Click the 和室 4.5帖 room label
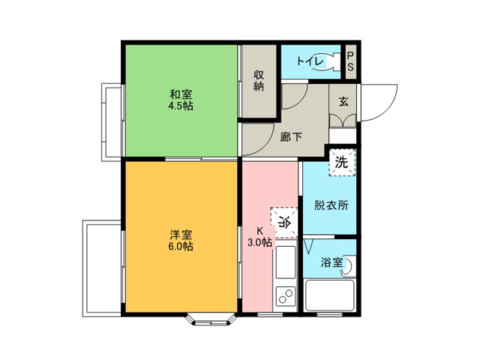[181, 100]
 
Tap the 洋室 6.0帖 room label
[181, 241]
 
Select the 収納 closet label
[259, 81]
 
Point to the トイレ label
[310, 61]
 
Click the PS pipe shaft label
[350, 61]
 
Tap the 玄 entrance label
[343, 101]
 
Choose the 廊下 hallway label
[291, 136]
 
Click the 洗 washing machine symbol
[342, 162]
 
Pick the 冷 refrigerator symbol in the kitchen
[284, 223]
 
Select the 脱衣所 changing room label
[331, 205]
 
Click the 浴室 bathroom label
[331, 262]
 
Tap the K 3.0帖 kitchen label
[259, 236]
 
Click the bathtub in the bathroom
[330, 295]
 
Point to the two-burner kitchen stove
[286, 296]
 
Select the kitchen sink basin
[286, 262]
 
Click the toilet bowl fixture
[328, 61]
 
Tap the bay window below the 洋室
[211, 319]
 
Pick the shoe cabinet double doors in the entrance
[343, 121]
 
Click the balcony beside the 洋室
[102, 268]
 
